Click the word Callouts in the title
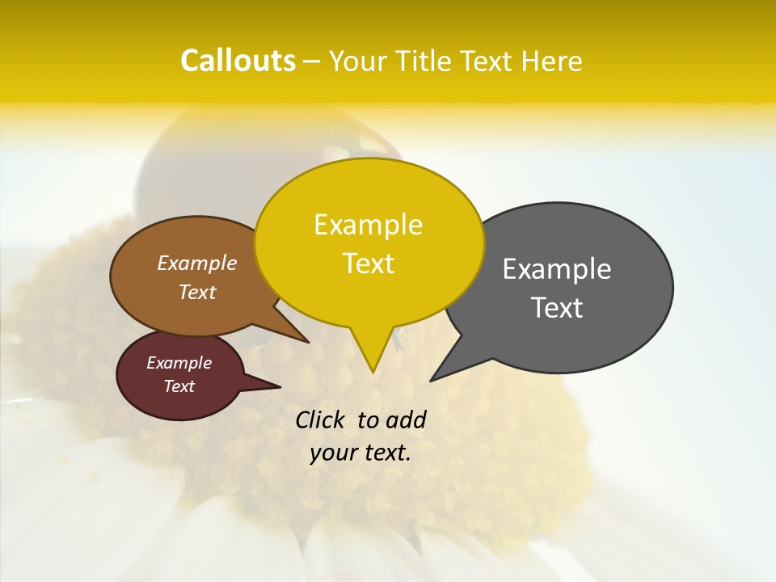tap(238, 61)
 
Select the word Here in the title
tap(553, 61)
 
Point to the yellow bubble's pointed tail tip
tap(373, 372)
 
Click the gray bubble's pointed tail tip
tap(432, 380)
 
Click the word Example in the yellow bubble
tap(369, 225)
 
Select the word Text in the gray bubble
tap(558, 307)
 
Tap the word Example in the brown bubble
tap(197, 264)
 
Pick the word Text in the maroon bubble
tap(179, 386)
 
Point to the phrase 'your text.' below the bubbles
tap(361, 453)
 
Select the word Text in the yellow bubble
tap(369, 264)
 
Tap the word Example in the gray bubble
tap(557, 269)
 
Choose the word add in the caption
tap(406, 420)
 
